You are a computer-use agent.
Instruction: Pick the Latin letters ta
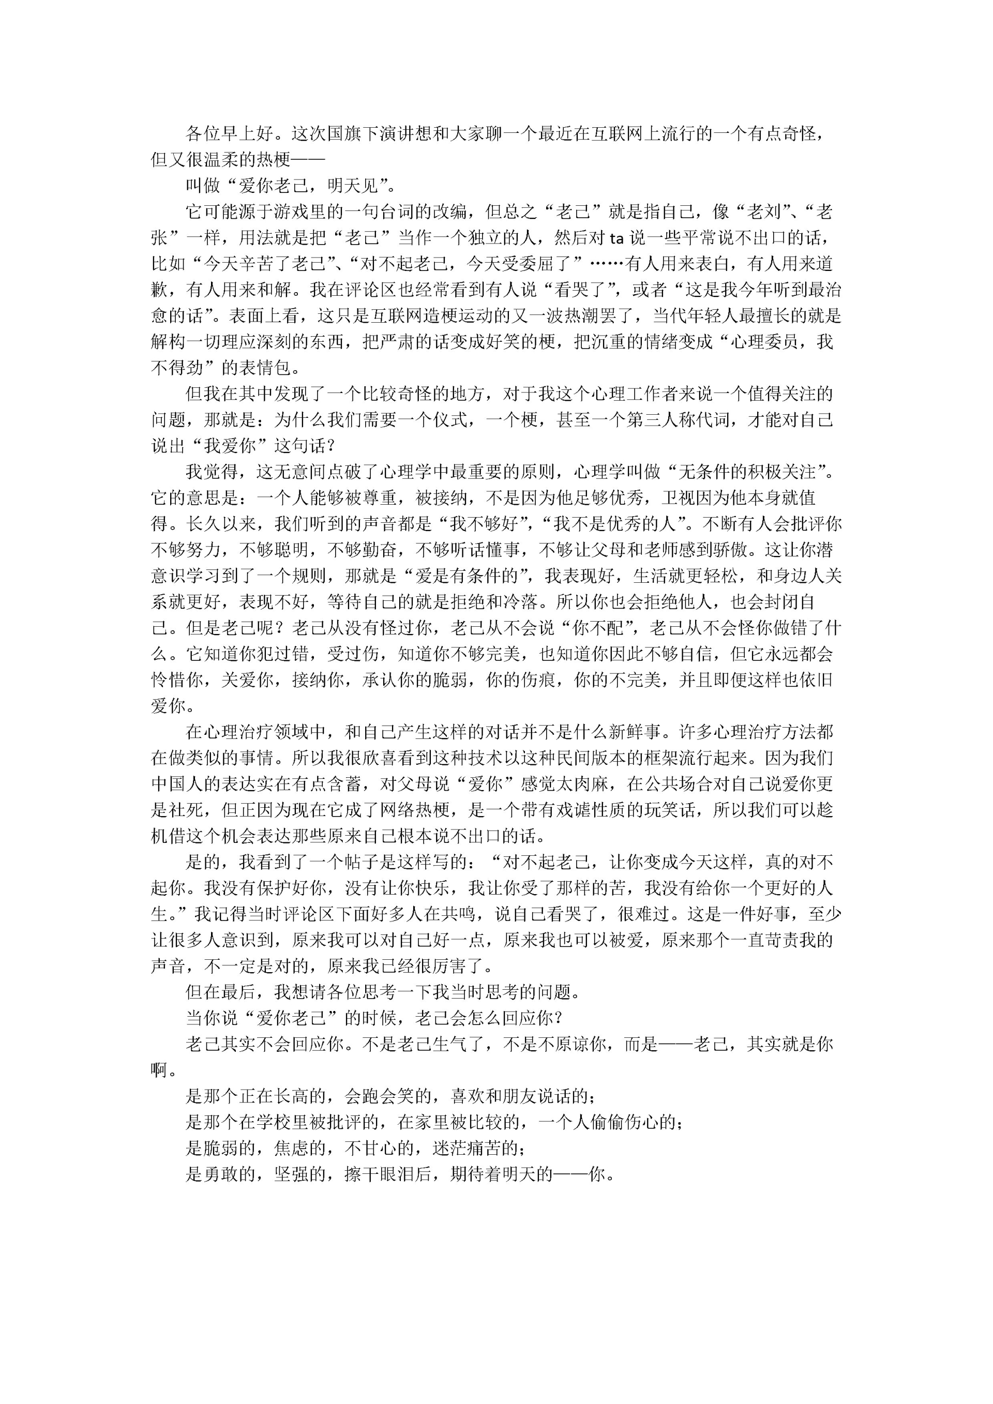(618, 238)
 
